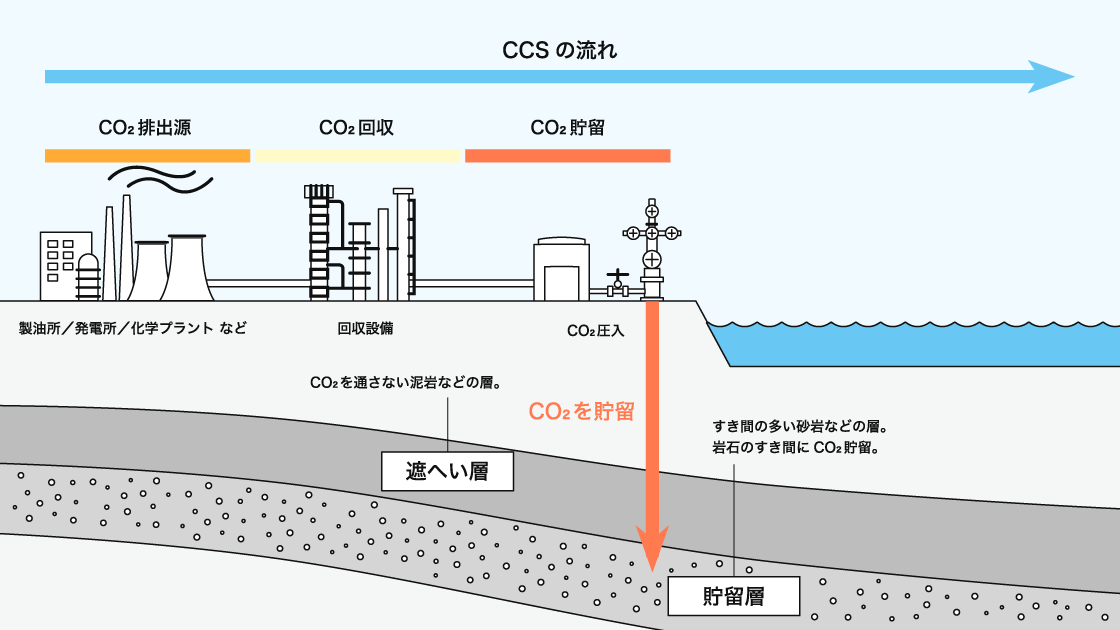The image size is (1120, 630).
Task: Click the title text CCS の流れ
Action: click(559, 49)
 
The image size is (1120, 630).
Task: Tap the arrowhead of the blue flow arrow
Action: click(1053, 77)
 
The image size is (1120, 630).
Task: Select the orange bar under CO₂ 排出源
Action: click(147, 155)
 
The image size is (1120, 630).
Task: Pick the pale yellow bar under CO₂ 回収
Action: click(357, 155)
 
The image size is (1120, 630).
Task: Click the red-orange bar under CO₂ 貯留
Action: click(567, 155)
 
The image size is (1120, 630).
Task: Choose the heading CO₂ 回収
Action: click(356, 128)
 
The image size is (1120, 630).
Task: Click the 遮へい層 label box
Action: click(447, 470)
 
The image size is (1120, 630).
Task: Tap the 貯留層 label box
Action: click(733, 597)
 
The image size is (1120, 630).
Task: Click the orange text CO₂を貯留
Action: click(581, 411)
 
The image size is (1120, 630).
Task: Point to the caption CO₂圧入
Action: click(595, 330)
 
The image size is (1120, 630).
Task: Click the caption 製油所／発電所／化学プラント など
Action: click(132, 328)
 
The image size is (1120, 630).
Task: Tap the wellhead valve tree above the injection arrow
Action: click(652, 245)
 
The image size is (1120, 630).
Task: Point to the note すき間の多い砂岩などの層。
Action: click(800, 427)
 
